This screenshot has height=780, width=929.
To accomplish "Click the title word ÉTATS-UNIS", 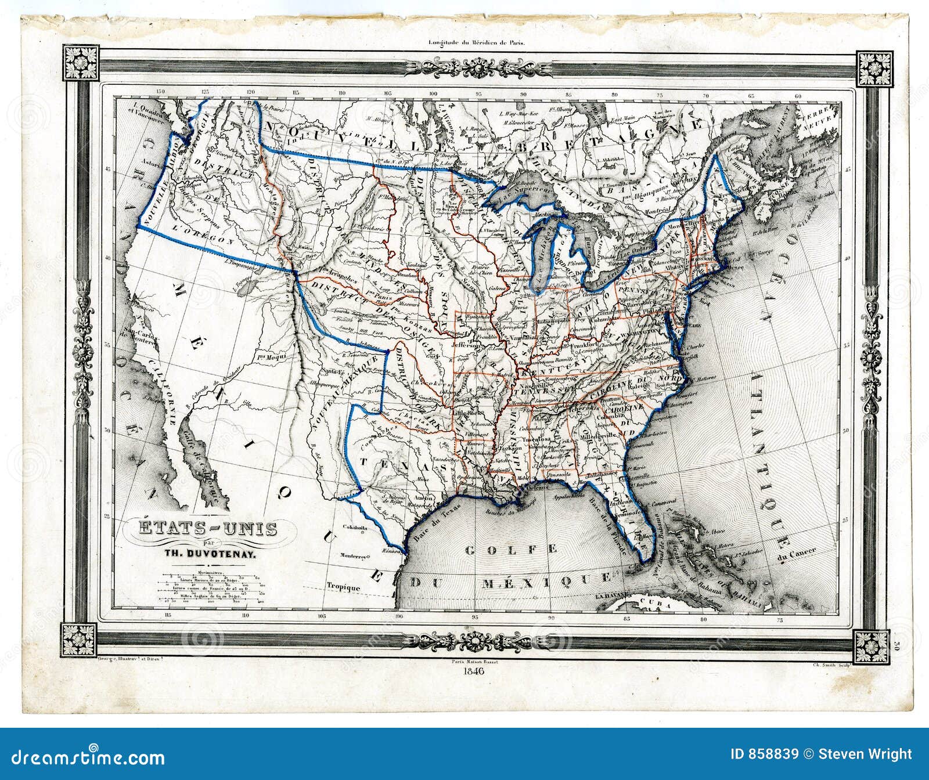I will coord(207,529).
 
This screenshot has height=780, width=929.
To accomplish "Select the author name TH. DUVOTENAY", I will coord(213,554).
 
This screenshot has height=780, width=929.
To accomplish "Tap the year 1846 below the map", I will coord(475,671).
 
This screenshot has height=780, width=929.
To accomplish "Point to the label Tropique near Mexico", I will coord(343,587).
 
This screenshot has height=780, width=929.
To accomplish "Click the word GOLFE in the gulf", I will coord(511,549).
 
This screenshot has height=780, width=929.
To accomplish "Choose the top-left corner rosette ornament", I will coord(81,63).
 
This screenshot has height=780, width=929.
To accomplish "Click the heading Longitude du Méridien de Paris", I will coord(476,42).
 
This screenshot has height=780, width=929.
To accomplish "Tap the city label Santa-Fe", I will coord(333,371).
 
